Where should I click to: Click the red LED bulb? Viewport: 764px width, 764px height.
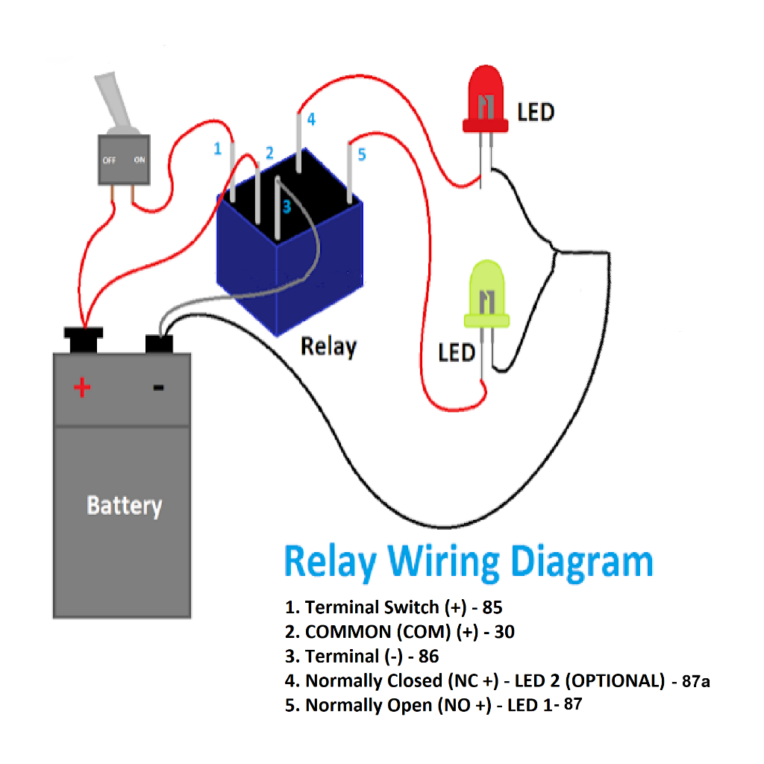click(486, 99)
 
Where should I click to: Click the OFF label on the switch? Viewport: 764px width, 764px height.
click(109, 160)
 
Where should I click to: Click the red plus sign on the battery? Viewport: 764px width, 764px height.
click(82, 387)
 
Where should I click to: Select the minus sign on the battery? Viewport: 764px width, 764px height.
click(158, 387)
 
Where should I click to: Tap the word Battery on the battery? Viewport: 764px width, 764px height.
click(124, 505)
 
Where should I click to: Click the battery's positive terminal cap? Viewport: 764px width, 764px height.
click(84, 340)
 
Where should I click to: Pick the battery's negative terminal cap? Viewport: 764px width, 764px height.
click(159, 344)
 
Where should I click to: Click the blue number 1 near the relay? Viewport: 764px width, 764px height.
click(218, 149)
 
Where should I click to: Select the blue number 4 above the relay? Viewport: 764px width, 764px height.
click(311, 119)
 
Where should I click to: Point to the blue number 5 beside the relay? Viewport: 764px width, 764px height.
click(362, 154)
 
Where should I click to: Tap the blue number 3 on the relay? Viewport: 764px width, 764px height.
click(286, 207)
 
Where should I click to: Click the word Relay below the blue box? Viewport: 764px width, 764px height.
click(328, 346)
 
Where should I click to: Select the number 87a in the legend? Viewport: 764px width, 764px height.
click(695, 680)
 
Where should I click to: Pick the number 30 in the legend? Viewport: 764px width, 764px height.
click(504, 632)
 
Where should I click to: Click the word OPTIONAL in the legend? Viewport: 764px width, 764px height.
click(618, 680)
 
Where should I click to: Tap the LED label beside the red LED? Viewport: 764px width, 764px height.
click(536, 113)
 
